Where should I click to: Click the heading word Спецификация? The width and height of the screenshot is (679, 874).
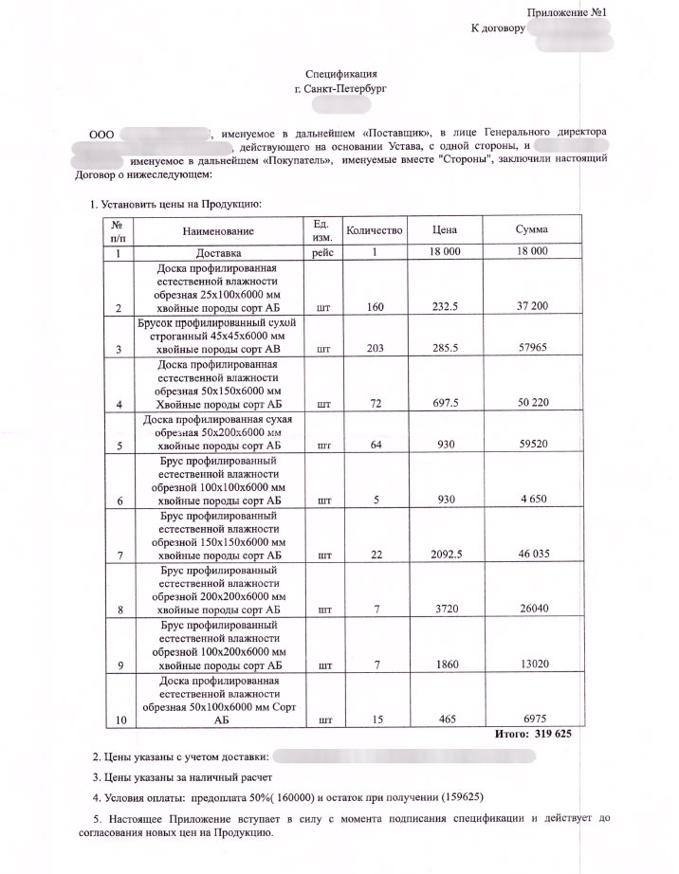pyautogui.click(x=342, y=73)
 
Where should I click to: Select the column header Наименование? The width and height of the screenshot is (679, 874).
pyautogui.click(x=225, y=231)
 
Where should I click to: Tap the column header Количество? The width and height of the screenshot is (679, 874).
pyautogui.click(x=376, y=230)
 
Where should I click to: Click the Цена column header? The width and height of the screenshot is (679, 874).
pyautogui.click(x=445, y=230)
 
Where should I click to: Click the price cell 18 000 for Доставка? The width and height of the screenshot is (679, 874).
pyautogui.click(x=445, y=252)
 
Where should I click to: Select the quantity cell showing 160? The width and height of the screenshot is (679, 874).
pyautogui.click(x=376, y=307)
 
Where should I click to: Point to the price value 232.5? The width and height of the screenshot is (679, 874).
pyautogui.click(x=445, y=307)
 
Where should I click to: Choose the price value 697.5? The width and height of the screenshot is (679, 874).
pyautogui.click(x=445, y=404)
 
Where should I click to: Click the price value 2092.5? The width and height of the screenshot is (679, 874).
pyautogui.click(x=445, y=553)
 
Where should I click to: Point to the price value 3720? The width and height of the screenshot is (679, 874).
pyautogui.click(x=445, y=609)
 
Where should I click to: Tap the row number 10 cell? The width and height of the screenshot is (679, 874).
pyautogui.click(x=119, y=720)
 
